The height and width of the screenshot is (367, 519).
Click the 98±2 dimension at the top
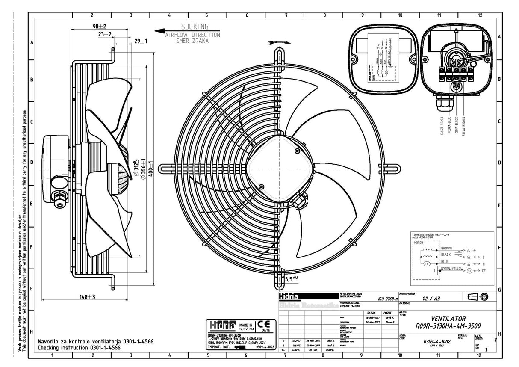(99, 26)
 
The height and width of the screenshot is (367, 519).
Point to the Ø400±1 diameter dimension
(150, 166)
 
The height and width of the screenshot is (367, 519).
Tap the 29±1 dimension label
(141, 41)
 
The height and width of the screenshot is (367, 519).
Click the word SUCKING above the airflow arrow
(195, 27)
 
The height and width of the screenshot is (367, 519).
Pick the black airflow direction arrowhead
(159, 31)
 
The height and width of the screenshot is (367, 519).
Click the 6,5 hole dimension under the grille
(292, 279)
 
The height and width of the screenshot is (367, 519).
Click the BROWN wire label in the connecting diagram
(446, 248)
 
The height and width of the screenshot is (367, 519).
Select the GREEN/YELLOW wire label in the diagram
(452, 269)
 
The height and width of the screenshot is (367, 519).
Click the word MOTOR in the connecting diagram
(419, 243)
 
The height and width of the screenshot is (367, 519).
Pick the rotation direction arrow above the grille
(280, 42)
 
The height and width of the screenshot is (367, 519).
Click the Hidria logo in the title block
(289, 296)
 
